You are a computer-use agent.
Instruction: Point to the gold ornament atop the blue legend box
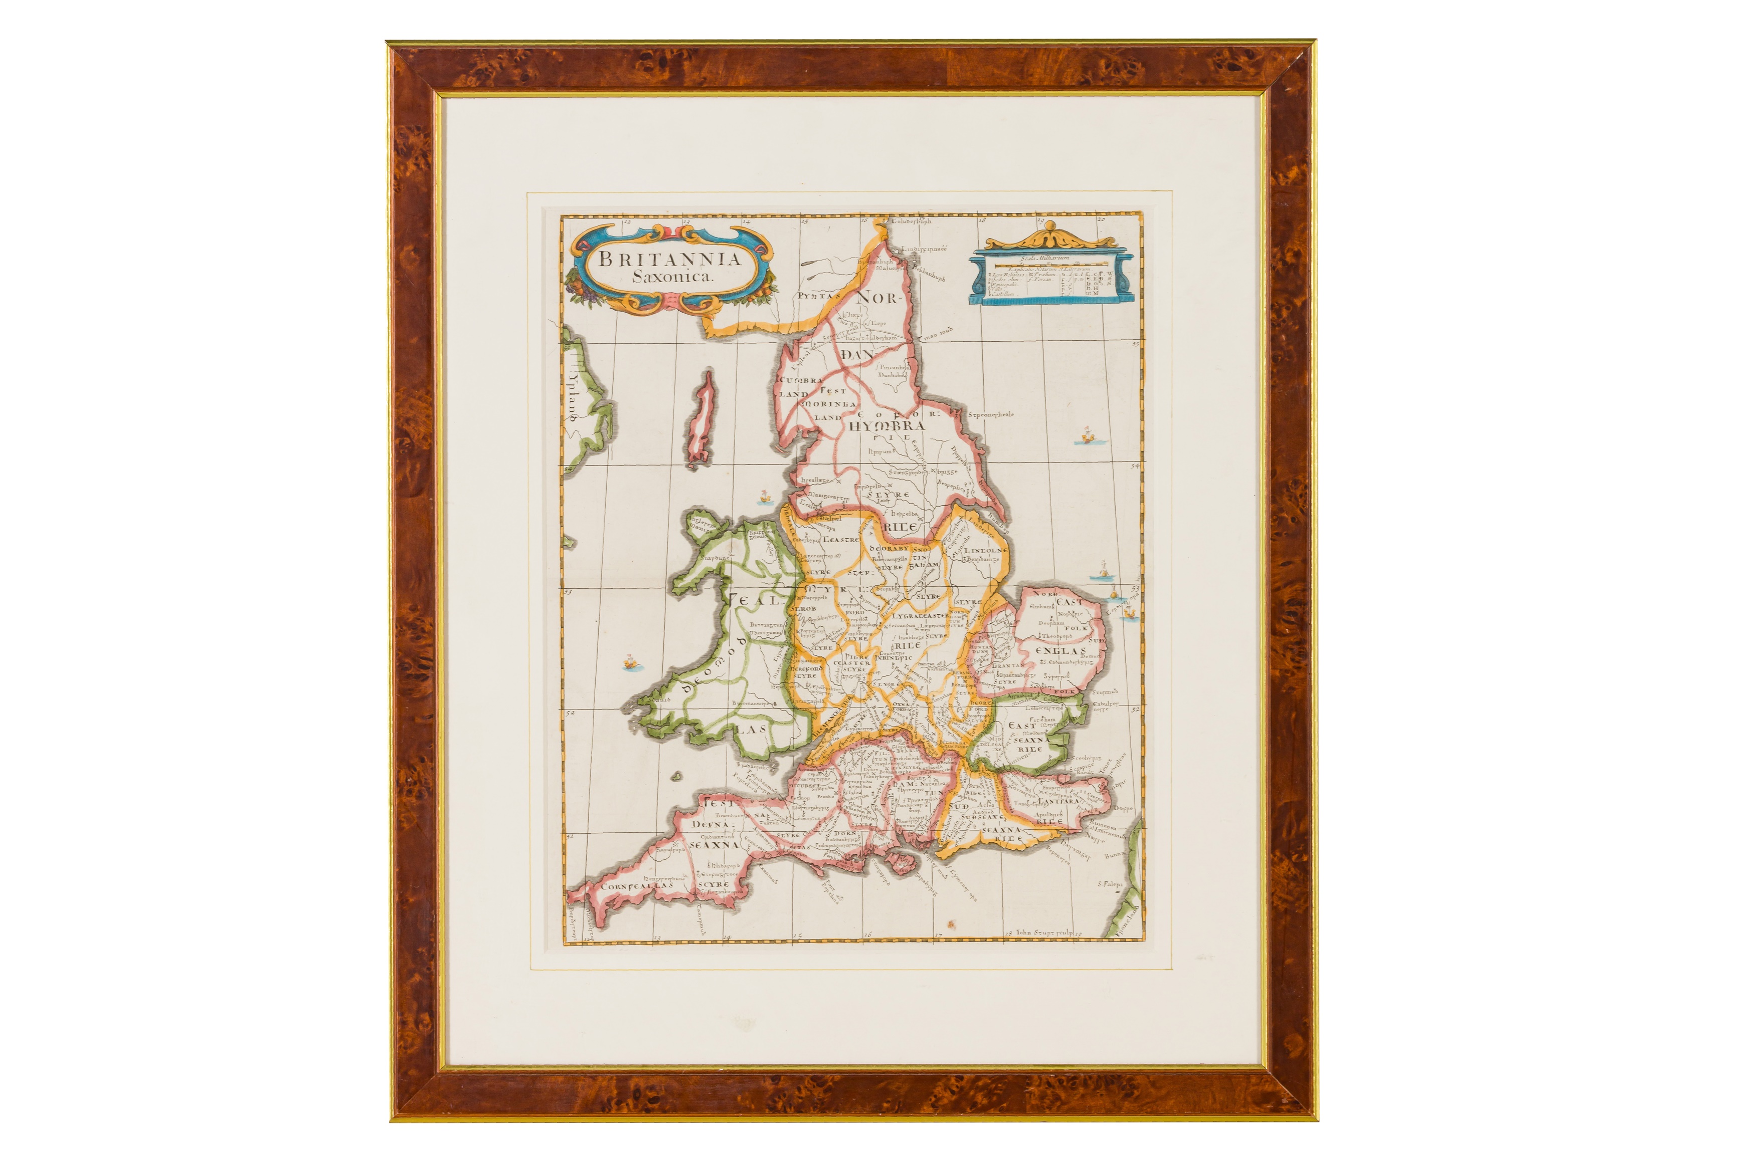[x=1050, y=237]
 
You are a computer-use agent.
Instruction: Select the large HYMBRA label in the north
[x=888, y=425]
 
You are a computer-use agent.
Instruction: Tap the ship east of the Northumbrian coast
[x=1087, y=434]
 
